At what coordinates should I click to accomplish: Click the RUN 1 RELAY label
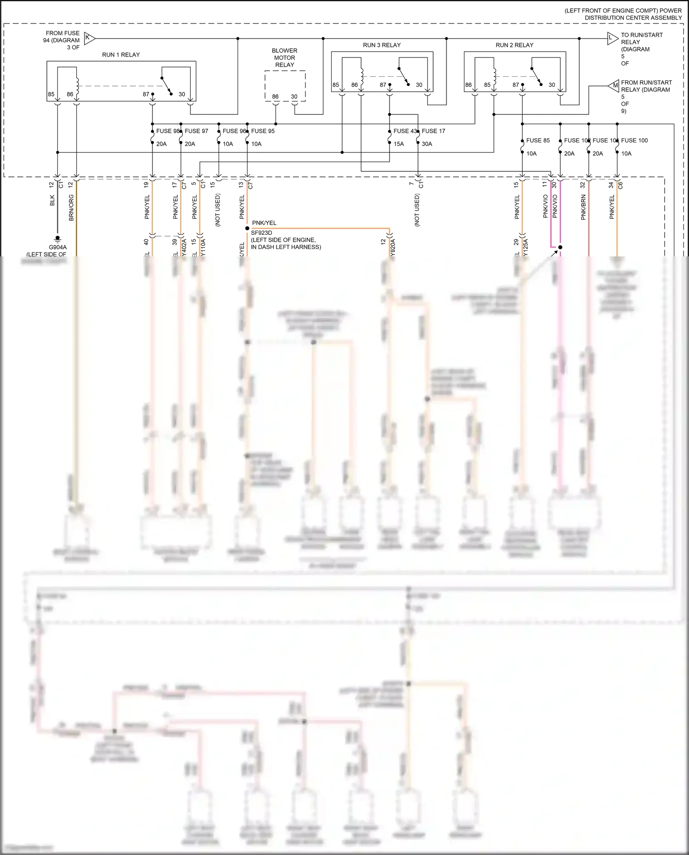click(x=121, y=55)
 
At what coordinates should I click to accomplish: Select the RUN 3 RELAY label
click(x=382, y=45)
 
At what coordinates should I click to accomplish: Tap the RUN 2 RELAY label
click(x=514, y=45)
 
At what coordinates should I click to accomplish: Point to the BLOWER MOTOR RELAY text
click(x=284, y=57)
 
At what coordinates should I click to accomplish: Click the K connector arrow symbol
click(x=90, y=38)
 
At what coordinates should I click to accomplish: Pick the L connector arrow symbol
click(x=612, y=38)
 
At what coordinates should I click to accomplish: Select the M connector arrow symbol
click(x=614, y=85)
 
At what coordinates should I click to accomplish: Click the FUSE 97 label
click(x=197, y=131)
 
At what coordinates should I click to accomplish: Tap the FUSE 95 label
click(x=263, y=131)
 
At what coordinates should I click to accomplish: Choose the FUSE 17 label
click(x=434, y=131)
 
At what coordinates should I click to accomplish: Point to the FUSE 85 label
click(x=538, y=141)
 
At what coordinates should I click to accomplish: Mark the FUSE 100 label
click(x=634, y=141)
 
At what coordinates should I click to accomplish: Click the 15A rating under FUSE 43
click(x=399, y=144)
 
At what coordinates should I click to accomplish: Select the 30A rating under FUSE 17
click(x=427, y=144)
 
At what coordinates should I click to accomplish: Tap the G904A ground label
click(x=58, y=247)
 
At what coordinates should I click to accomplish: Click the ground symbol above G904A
click(x=57, y=238)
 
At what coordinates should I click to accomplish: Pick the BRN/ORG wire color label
click(x=71, y=207)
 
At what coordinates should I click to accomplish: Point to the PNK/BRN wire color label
click(x=583, y=207)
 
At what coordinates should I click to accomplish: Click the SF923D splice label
click(x=261, y=233)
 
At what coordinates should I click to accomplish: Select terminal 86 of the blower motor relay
click(x=275, y=96)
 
